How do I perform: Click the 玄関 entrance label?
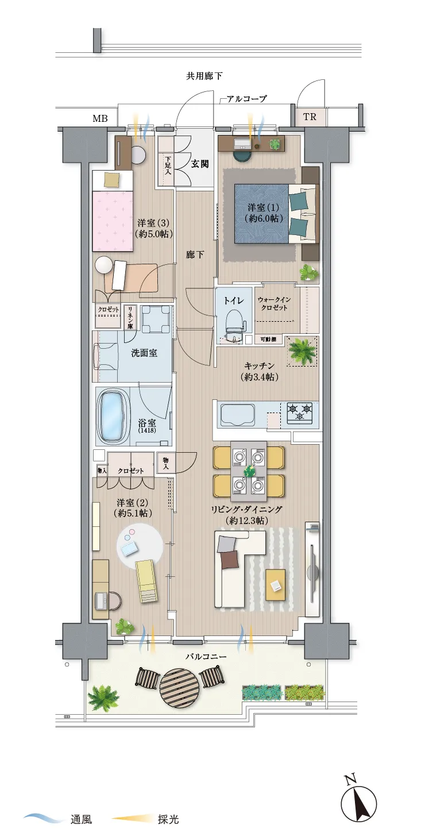[199, 164]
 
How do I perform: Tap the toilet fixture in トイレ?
[234, 323]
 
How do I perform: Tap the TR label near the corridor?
[310, 117]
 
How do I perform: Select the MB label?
[100, 118]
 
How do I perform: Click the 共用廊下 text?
[204, 76]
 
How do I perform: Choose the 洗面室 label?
[144, 353]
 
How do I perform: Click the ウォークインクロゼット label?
[274, 303]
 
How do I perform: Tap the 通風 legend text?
[81, 819]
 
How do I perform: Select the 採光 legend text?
[168, 819]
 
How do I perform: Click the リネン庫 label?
[130, 318]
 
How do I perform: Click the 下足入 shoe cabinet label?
[168, 165]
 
